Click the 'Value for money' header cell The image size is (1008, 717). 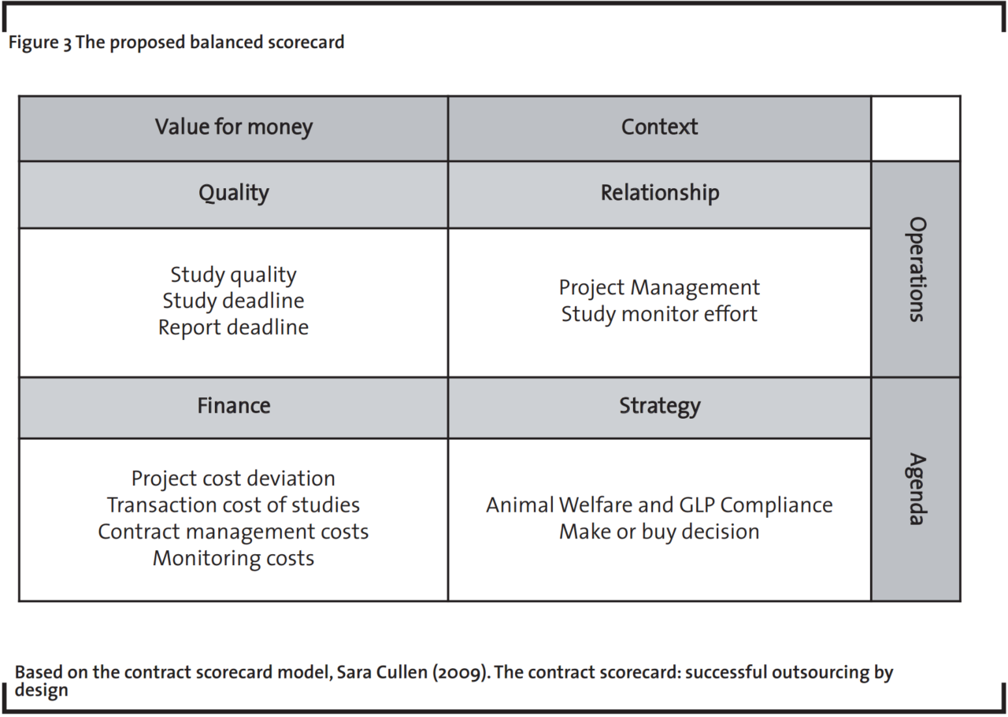(x=234, y=127)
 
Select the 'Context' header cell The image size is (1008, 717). (x=659, y=127)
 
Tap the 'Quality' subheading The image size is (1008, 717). (x=234, y=193)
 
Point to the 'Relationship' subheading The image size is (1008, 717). (x=659, y=193)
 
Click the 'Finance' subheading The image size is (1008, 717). (x=234, y=406)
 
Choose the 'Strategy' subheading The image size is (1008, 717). (x=659, y=406)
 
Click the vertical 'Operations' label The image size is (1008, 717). (x=916, y=269)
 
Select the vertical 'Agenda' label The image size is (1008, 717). (x=916, y=488)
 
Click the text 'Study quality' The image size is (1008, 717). (x=234, y=275)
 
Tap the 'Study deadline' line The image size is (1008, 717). (x=234, y=301)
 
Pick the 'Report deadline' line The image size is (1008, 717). (x=234, y=327)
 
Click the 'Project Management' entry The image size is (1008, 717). (x=659, y=287)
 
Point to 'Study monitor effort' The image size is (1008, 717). (x=659, y=314)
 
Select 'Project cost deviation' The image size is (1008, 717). (x=234, y=479)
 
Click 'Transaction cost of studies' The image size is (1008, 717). (x=234, y=504)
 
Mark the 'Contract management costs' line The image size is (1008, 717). (x=234, y=531)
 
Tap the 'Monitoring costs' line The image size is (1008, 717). (x=234, y=558)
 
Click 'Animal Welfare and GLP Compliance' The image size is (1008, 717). (x=659, y=504)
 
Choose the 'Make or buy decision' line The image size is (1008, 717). (x=659, y=531)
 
